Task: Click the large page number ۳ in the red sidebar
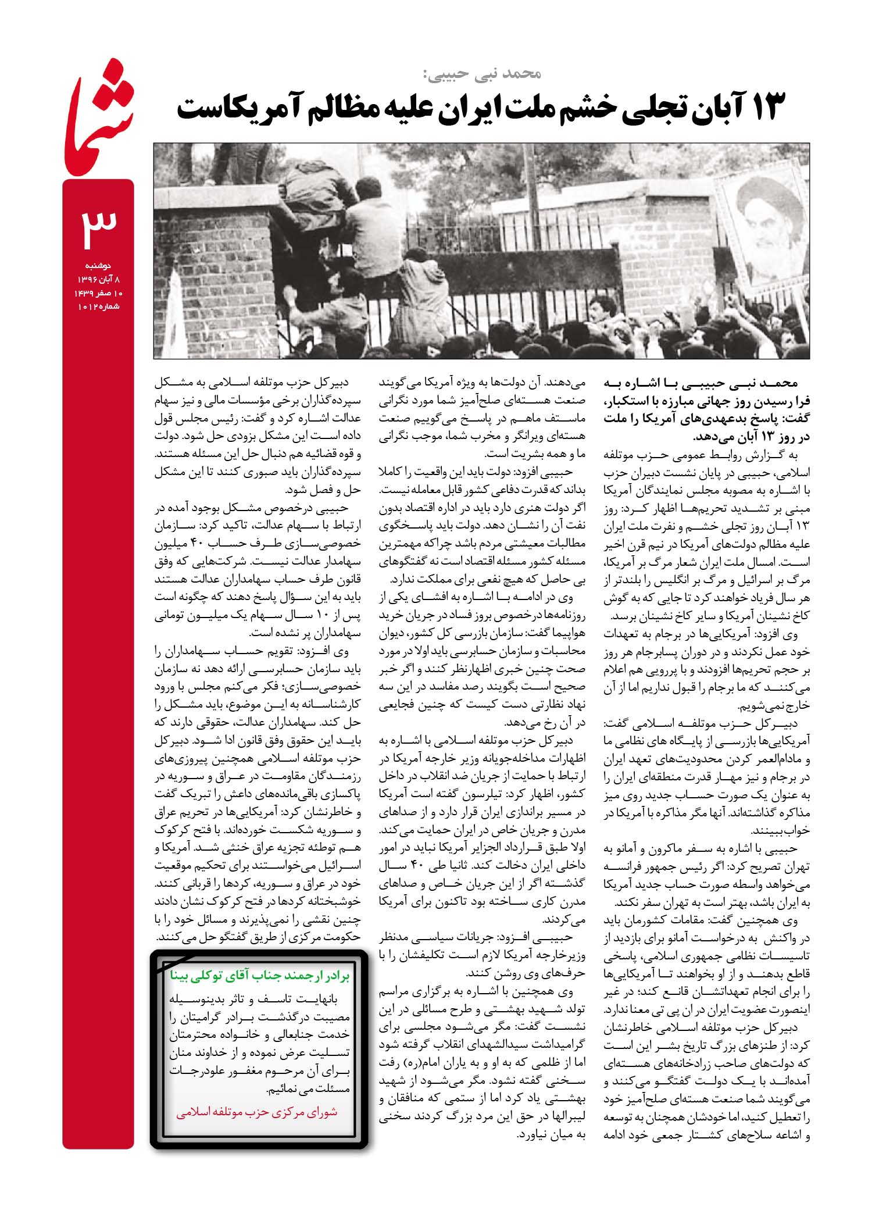[99, 224]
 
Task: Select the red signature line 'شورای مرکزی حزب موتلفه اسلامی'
[256, 1112]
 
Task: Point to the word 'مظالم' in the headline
[326, 108]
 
